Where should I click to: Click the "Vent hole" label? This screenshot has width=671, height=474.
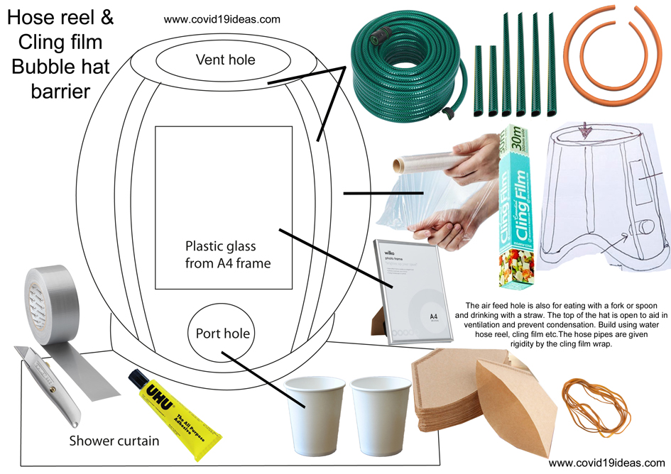tap(225, 60)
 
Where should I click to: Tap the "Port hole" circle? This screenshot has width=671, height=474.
tap(223, 333)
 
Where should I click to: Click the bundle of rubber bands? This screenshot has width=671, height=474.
tap(593, 404)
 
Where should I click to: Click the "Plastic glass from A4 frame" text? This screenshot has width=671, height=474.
tap(228, 255)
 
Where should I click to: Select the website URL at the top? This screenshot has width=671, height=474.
tap(222, 20)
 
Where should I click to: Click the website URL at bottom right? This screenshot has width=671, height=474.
tap(606, 463)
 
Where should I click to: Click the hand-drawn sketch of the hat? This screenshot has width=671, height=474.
tap(604, 199)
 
